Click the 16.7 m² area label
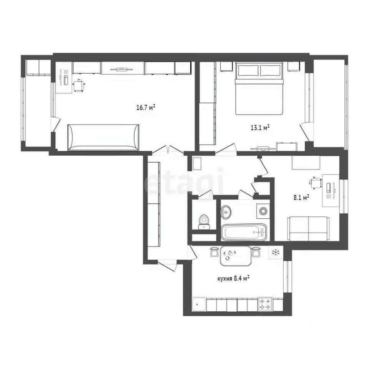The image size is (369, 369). click(146, 108)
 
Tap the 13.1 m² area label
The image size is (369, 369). click(260, 128)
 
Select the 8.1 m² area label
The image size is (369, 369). click(301, 197)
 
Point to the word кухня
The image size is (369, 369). click(225, 279)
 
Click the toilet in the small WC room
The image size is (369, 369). click(204, 222)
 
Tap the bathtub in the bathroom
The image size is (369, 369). click(244, 232)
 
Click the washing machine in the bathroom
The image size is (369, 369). click(263, 211)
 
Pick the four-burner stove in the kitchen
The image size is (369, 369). click(265, 304)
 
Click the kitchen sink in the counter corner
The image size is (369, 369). click(199, 304)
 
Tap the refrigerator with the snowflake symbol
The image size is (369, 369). click(276, 253)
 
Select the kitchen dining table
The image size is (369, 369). click(236, 256)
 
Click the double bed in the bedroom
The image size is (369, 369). click(259, 88)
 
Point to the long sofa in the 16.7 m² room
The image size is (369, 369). click(103, 137)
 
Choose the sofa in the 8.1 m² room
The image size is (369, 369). click(308, 228)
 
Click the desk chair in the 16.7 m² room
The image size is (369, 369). click(79, 86)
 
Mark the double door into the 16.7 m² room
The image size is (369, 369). click(168, 151)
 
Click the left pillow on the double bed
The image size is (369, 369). click(248, 70)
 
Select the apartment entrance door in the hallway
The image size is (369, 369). click(167, 265)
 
